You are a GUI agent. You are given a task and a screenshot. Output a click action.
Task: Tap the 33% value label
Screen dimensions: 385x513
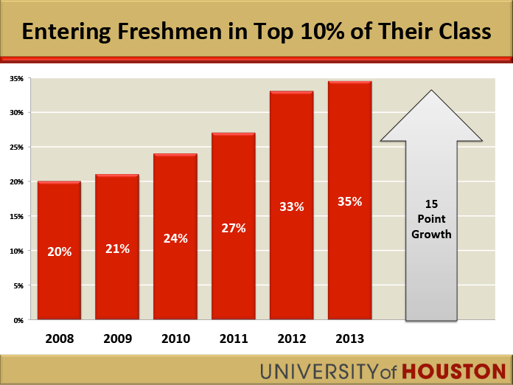pyautogui.click(x=292, y=207)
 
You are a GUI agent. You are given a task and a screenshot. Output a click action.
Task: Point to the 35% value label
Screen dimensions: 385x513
pyautogui.click(x=349, y=201)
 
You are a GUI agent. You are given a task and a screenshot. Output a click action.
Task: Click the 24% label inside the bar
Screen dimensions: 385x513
pyautogui.click(x=175, y=238)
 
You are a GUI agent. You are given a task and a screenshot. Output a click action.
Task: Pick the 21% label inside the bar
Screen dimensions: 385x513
pyautogui.click(x=117, y=249)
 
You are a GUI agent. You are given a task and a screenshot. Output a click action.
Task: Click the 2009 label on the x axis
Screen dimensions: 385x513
pyautogui.click(x=117, y=339)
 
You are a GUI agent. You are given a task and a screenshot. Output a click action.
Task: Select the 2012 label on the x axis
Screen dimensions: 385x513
pyautogui.click(x=292, y=339)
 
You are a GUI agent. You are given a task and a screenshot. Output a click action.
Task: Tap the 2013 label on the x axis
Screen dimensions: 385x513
pyautogui.click(x=349, y=339)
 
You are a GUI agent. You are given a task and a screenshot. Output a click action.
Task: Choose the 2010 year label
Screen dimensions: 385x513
pyautogui.click(x=175, y=339)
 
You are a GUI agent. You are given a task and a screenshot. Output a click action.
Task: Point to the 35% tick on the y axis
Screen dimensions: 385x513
pyautogui.click(x=17, y=78)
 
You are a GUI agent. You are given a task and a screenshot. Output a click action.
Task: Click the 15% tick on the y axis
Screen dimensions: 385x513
pyautogui.click(x=17, y=217)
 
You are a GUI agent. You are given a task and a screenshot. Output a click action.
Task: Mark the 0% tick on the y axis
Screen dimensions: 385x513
pyautogui.click(x=18, y=321)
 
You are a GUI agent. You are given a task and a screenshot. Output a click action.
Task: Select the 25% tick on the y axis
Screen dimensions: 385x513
pyautogui.click(x=17, y=148)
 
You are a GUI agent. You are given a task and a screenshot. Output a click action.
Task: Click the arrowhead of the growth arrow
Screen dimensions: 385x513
pyautogui.click(x=431, y=118)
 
